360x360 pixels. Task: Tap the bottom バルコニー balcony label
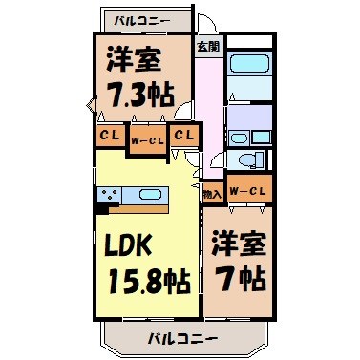[181, 337]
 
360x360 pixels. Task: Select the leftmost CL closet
[109, 136]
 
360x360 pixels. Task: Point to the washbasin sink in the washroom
[250, 122]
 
